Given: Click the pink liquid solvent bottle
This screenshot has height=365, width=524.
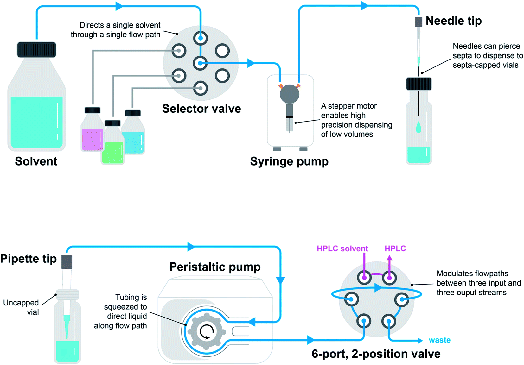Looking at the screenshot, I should [92, 133].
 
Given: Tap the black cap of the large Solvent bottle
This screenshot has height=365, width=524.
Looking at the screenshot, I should [36, 50].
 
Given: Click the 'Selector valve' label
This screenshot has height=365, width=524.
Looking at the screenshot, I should [201, 109].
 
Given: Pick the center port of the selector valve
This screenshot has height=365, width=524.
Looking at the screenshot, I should [200, 63].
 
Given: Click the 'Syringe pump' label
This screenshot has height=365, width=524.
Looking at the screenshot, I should [289, 161].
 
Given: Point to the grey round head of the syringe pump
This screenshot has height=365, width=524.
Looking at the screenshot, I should [289, 94].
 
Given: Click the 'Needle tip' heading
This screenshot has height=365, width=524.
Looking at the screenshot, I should [453, 21].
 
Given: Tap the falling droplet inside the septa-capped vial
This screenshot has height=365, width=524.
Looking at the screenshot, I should [419, 127].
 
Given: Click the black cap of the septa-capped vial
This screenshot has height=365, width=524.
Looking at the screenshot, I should [419, 84].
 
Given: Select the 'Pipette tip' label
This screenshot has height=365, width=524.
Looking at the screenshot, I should [29, 259].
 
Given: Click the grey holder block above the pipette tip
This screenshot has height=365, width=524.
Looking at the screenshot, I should [67, 262].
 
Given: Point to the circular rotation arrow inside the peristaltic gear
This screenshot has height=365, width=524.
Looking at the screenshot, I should [207, 332].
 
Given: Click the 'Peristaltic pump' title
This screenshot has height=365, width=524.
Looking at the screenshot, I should [215, 267].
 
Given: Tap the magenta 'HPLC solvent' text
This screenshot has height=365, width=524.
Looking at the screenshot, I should [342, 249].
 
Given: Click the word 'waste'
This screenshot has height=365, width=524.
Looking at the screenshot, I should [439, 340].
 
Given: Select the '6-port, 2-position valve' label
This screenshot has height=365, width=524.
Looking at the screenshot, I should [376, 354].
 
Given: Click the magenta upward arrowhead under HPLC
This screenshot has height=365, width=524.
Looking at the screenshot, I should [389, 258].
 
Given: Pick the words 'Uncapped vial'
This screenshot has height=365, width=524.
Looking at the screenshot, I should [22, 307].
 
